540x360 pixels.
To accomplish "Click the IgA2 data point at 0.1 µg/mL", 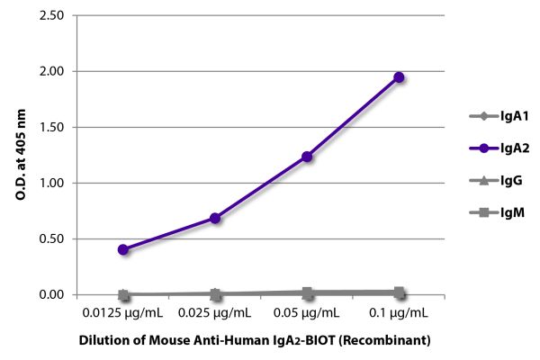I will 399,77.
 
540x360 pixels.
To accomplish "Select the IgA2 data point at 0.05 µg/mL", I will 307,157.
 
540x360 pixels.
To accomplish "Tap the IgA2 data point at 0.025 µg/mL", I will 215,218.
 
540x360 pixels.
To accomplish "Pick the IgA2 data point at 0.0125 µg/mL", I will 123,249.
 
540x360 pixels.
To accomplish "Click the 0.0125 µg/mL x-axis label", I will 123,313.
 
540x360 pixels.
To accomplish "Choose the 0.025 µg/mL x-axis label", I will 215,313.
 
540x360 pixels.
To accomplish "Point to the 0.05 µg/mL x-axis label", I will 307,313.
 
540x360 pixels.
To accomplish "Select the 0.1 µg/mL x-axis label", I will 399,313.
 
